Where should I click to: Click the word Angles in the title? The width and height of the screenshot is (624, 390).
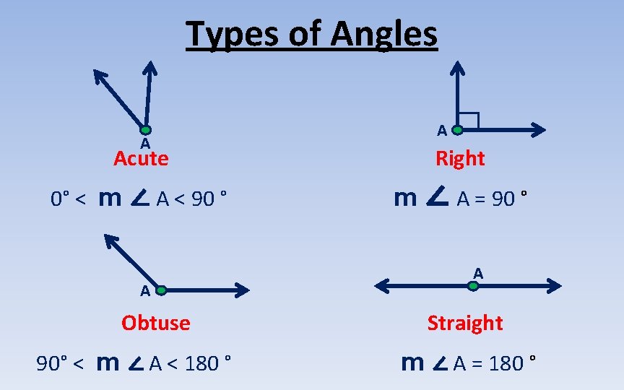point(385,34)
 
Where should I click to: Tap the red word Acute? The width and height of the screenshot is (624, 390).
point(141,158)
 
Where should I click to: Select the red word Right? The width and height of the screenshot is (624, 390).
point(460,158)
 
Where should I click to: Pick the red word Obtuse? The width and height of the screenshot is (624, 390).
point(156,322)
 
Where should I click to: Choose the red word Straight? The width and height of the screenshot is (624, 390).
point(465,322)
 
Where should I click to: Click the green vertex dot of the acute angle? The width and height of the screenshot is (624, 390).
point(146,130)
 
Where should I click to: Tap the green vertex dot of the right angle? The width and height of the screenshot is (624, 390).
point(457,130)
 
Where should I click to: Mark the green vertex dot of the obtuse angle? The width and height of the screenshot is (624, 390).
point(161,290)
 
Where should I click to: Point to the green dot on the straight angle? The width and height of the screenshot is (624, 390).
point(472,286)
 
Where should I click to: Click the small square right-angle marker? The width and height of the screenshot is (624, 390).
point(469,121)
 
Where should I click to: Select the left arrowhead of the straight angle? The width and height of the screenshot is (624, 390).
point(383,286)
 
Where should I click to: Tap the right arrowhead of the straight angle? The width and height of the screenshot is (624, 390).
point(553,286)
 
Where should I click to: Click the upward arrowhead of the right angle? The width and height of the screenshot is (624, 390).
point(457,69)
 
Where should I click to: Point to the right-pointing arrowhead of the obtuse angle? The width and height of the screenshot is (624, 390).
point(241,290)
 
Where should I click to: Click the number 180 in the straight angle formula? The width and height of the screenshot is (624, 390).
point(506,363)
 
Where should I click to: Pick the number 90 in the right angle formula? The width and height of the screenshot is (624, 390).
point(503,199)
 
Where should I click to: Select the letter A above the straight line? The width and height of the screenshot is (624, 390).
point(478,273)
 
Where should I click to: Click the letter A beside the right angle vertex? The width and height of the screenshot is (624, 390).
point(441,130)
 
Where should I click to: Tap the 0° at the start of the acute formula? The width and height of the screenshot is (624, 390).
point(59,199)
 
